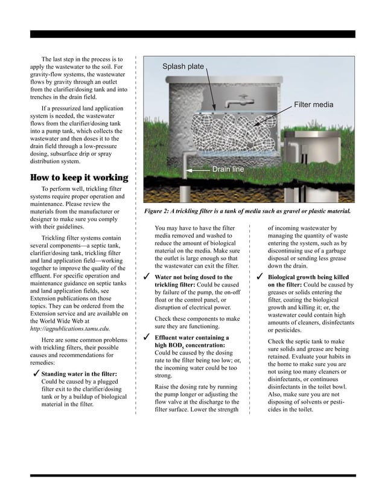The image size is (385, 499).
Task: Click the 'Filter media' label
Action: click(313, 105)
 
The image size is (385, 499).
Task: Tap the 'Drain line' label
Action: click(227, 170)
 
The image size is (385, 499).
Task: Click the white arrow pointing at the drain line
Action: click(199, 170)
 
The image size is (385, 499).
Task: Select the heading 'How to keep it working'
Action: click(79, 178)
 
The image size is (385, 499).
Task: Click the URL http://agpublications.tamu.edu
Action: click(69, 330)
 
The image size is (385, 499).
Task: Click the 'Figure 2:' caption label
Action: click(161, 212)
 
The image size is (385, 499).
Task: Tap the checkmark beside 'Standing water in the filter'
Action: click(35, 375)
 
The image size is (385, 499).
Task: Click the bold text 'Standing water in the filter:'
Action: click(79, 375)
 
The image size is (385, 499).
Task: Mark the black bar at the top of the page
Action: click(192, 34)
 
